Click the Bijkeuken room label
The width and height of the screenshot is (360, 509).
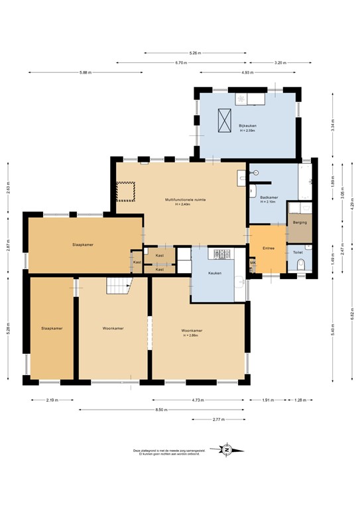click(247, 126)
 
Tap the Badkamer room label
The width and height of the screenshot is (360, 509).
click(269, 198)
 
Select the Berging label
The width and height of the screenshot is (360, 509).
click(299, 223)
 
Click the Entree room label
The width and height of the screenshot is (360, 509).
click(269, 248)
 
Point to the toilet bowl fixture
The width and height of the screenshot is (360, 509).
click(300, 266)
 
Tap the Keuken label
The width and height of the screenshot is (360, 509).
click(214, 273)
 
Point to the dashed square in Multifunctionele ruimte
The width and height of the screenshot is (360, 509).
click(125, 192)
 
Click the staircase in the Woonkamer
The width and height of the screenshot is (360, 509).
click(119, 286)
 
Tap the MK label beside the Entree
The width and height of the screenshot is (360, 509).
click(253, 263)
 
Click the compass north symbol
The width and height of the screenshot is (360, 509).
click(227, 450)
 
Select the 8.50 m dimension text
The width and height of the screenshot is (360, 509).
click(161, 410)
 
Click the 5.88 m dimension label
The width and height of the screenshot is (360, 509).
click(85, 72)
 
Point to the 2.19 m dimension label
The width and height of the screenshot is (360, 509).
click(52, 400)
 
